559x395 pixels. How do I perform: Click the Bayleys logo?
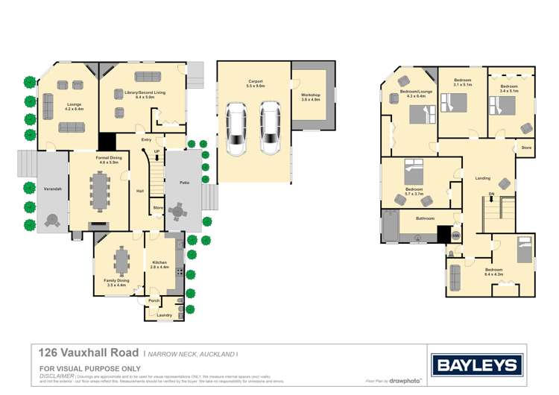click(475, 365)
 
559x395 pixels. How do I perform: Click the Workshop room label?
click(310, 97)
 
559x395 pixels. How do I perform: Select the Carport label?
click(256, 83)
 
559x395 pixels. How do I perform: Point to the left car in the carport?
click(236, 128)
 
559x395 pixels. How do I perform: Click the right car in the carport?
click(269, 127)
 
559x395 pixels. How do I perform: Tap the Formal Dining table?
click(99, 192)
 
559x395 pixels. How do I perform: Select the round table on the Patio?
click(177, 212)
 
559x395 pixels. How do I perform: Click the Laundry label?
click(165, 315)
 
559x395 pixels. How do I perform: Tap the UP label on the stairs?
click(157, 152)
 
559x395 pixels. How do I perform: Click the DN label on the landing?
click(491, 195)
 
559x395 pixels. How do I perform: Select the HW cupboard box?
click(455, 236)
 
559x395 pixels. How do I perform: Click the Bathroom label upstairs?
click(425, 219)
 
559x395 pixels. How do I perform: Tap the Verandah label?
click(51, 189)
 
